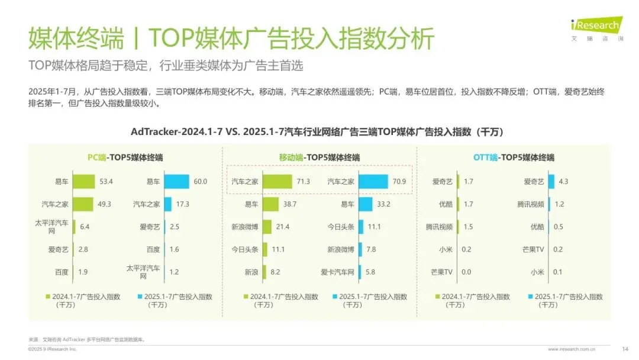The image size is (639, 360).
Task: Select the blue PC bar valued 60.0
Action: [x=176, y=182]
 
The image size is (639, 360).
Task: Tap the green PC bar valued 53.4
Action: [x=84, y=182]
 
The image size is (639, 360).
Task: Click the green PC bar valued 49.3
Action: [x=83, y=204]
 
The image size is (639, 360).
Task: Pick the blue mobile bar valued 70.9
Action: [x=373, y=182]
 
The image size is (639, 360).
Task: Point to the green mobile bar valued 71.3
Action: [x=277, y=182]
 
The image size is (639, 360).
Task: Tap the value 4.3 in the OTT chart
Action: [x=563, y=182]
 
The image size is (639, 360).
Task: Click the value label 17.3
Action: [x=182, y=204]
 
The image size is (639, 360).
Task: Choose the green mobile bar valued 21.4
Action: [x=267, y=227]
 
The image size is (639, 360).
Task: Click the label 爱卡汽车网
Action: [x=337, y=272]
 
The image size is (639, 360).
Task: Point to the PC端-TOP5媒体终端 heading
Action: [x=125, y=157]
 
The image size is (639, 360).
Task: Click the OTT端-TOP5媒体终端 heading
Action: [x=514, y=157]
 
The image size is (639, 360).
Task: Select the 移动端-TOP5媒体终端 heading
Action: [x=319, y=157]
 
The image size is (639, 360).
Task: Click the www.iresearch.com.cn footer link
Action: [x=572, y=349]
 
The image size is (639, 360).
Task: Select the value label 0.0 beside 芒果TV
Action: [x=466, y=272]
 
